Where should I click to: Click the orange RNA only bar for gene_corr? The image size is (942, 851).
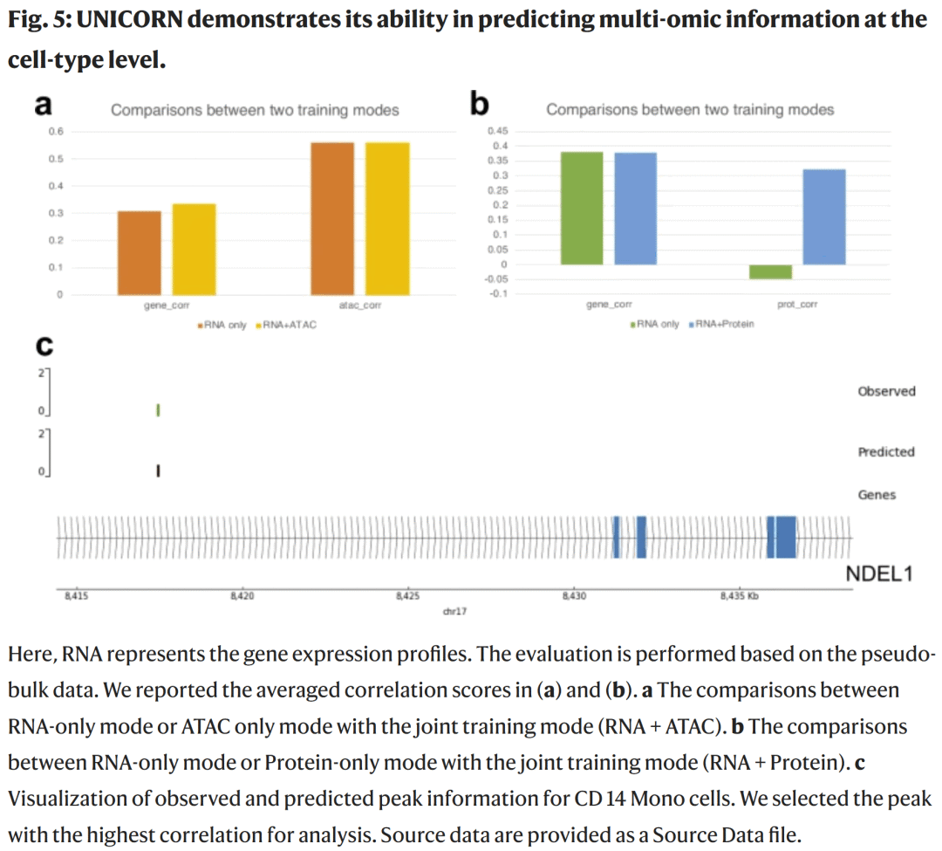pyautogui.click(x=140, y=252)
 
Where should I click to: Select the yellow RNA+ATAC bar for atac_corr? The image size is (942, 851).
pyautogui.click(x=387, y=218)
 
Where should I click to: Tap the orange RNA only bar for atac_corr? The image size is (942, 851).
pyautogui.click(x=332, y=218)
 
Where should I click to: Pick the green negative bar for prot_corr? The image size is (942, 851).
pyautogui.click(x=771, y=271)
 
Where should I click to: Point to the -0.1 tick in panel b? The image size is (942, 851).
pyautogui.click(x=498, y=293)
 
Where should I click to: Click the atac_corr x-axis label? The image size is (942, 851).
pyautogui.click(x=359, y=306)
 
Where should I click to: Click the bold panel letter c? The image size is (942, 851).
pyautogui.click(x=43, y=347)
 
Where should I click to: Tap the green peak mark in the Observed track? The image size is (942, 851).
pyautogui.click(x=158, y=409)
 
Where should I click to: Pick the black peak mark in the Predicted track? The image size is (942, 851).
pyautogui.click(x=158, y=471)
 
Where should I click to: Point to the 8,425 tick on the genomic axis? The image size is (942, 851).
pyautogui.click(x=407, y=597)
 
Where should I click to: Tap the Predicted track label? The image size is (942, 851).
pyautogui.click(x=886, y=452)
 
